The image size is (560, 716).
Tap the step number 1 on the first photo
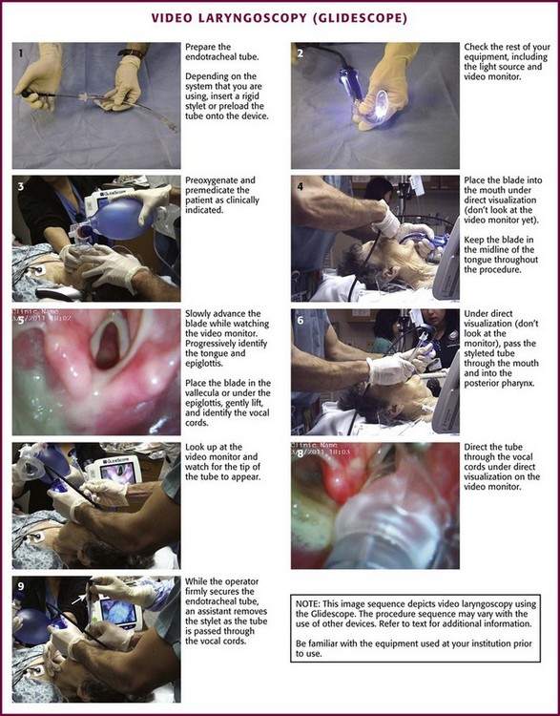click(20, 53)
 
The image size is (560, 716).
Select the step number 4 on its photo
click(300, 186)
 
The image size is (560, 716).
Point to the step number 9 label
click(21, 586)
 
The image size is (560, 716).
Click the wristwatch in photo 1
click(131, 53)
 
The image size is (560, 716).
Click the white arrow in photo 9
click(78, 599)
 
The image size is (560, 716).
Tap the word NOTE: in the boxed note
click(307, 603)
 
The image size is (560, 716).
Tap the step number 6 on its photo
click(300, 320)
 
